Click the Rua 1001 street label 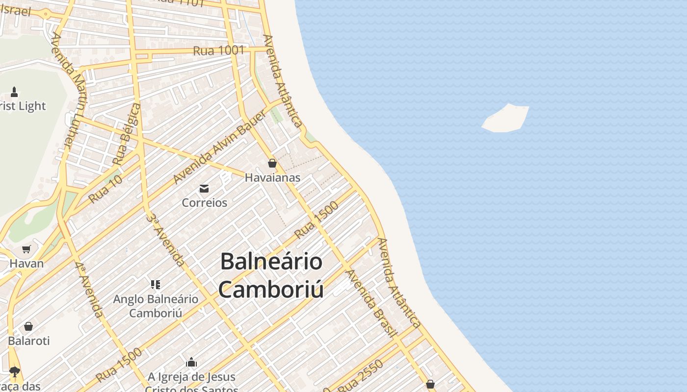(218, 50)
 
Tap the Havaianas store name (272, 178)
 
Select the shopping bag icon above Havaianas (272, 163)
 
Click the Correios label (204, 202)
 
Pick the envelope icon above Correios (204, 189)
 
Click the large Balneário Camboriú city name (271, 275)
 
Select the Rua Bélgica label (127, 134)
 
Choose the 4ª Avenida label (89, 289)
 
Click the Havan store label (26, 263)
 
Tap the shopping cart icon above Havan (26, 249)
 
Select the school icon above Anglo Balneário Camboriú (156, 285)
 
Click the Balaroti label (28, 341)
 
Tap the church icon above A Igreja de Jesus (191, 363)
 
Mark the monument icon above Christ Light (14, 92)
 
